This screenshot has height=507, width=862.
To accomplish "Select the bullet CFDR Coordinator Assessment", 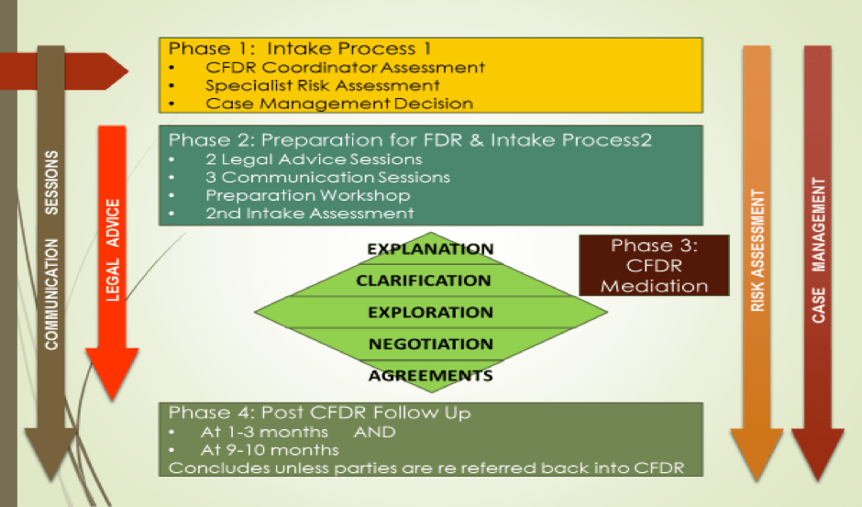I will click(345, 67).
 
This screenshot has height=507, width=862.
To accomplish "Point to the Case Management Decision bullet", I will click(339, 104).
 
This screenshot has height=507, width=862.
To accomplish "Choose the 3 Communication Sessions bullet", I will click(327, 177).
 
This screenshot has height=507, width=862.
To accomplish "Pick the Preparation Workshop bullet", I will click(307, 195).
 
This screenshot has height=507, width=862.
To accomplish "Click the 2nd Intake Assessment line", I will click(309, 214).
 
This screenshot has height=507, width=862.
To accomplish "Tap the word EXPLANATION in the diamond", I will click(430, 249).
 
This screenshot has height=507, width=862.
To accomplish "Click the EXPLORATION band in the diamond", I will click(430, 313).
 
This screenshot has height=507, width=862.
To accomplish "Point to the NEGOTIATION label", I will click(430, 344).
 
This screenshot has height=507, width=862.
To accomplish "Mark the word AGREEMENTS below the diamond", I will click(430, 375).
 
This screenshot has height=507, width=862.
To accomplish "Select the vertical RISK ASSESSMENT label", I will click(757, 252).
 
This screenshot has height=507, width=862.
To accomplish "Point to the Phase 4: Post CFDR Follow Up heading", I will click(319, 413).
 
